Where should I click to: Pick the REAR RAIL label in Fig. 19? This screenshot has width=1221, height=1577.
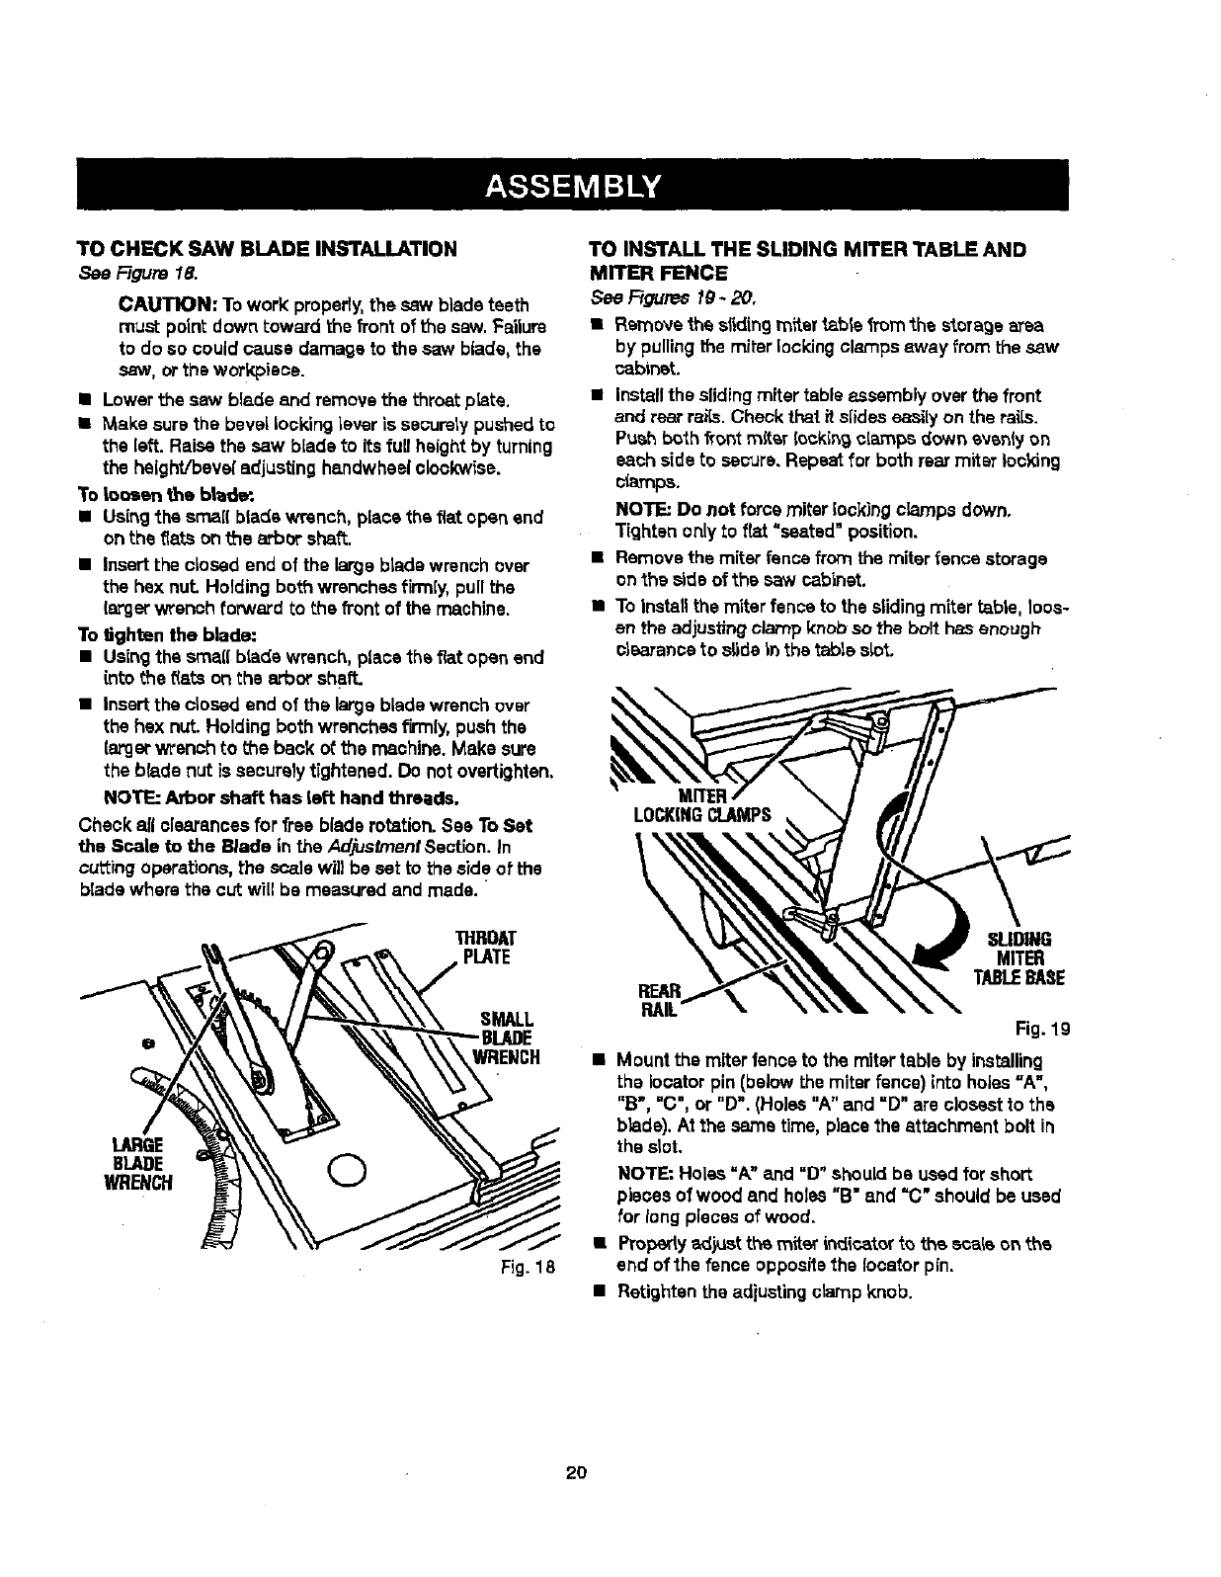(x=661, y=999)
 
